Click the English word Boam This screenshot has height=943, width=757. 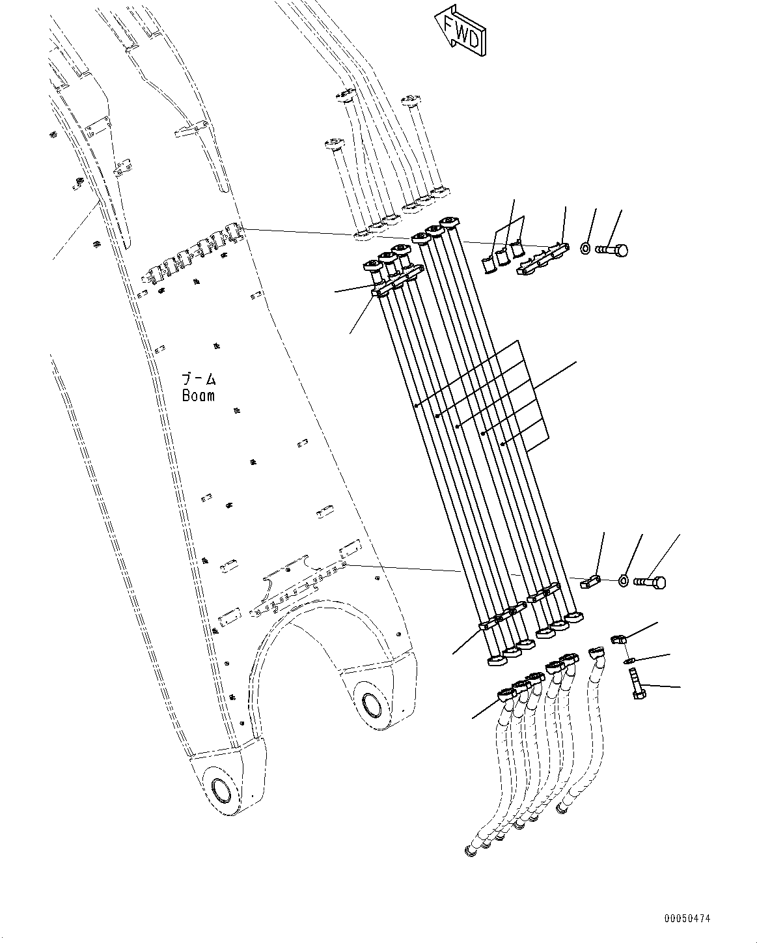tap(198, 395)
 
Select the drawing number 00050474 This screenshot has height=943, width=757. tap(687, 919)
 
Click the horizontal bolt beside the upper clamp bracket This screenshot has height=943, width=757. tap(611, 249)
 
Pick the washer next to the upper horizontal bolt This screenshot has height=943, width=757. tap(585, 248)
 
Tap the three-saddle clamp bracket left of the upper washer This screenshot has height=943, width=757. tap(542, 259)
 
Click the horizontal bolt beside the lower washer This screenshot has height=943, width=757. tap(650, 581)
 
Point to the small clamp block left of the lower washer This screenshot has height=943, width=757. tap(591, 581)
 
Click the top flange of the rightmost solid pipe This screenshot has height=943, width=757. tap(448, 221)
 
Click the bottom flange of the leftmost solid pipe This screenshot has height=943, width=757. tap(496, 660)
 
